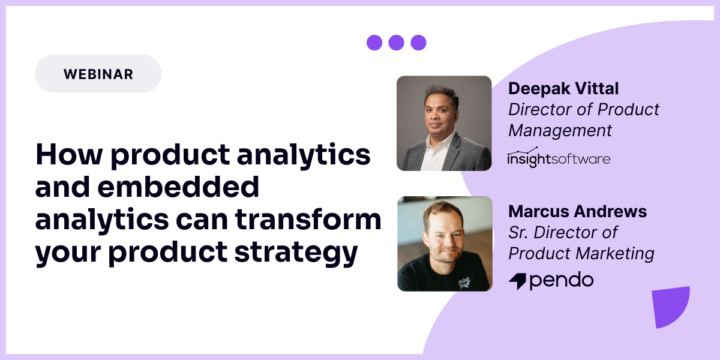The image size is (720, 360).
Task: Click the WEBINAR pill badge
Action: (x=98, y=74)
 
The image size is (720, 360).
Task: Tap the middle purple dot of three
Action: (x=396, y=43)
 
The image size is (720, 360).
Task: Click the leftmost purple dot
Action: (x=374, y=43)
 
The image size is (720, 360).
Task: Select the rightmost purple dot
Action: (x=418, y=43)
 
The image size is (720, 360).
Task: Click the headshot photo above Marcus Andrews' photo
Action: (x=444, y=123)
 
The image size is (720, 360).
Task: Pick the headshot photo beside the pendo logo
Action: (x=445, y=244)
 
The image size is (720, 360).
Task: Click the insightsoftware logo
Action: (x=559, y=158)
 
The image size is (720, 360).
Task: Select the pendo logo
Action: (x=551, y=280)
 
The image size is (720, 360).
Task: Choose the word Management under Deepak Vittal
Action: (x=560, y=130)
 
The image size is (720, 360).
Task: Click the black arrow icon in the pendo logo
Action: (x=518, y=281)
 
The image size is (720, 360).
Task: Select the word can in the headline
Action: (x=201, y=220)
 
